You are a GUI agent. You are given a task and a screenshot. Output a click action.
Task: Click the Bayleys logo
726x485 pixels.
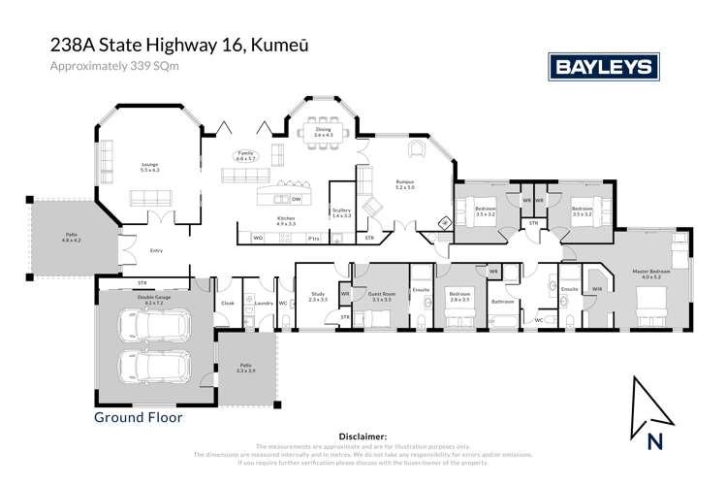603,67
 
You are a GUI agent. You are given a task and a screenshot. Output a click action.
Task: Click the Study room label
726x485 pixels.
317,297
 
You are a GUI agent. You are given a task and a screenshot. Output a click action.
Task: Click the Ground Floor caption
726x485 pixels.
137,417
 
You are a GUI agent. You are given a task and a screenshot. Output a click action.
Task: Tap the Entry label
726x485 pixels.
156,250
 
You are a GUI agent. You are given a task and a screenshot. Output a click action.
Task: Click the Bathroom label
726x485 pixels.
502,302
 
